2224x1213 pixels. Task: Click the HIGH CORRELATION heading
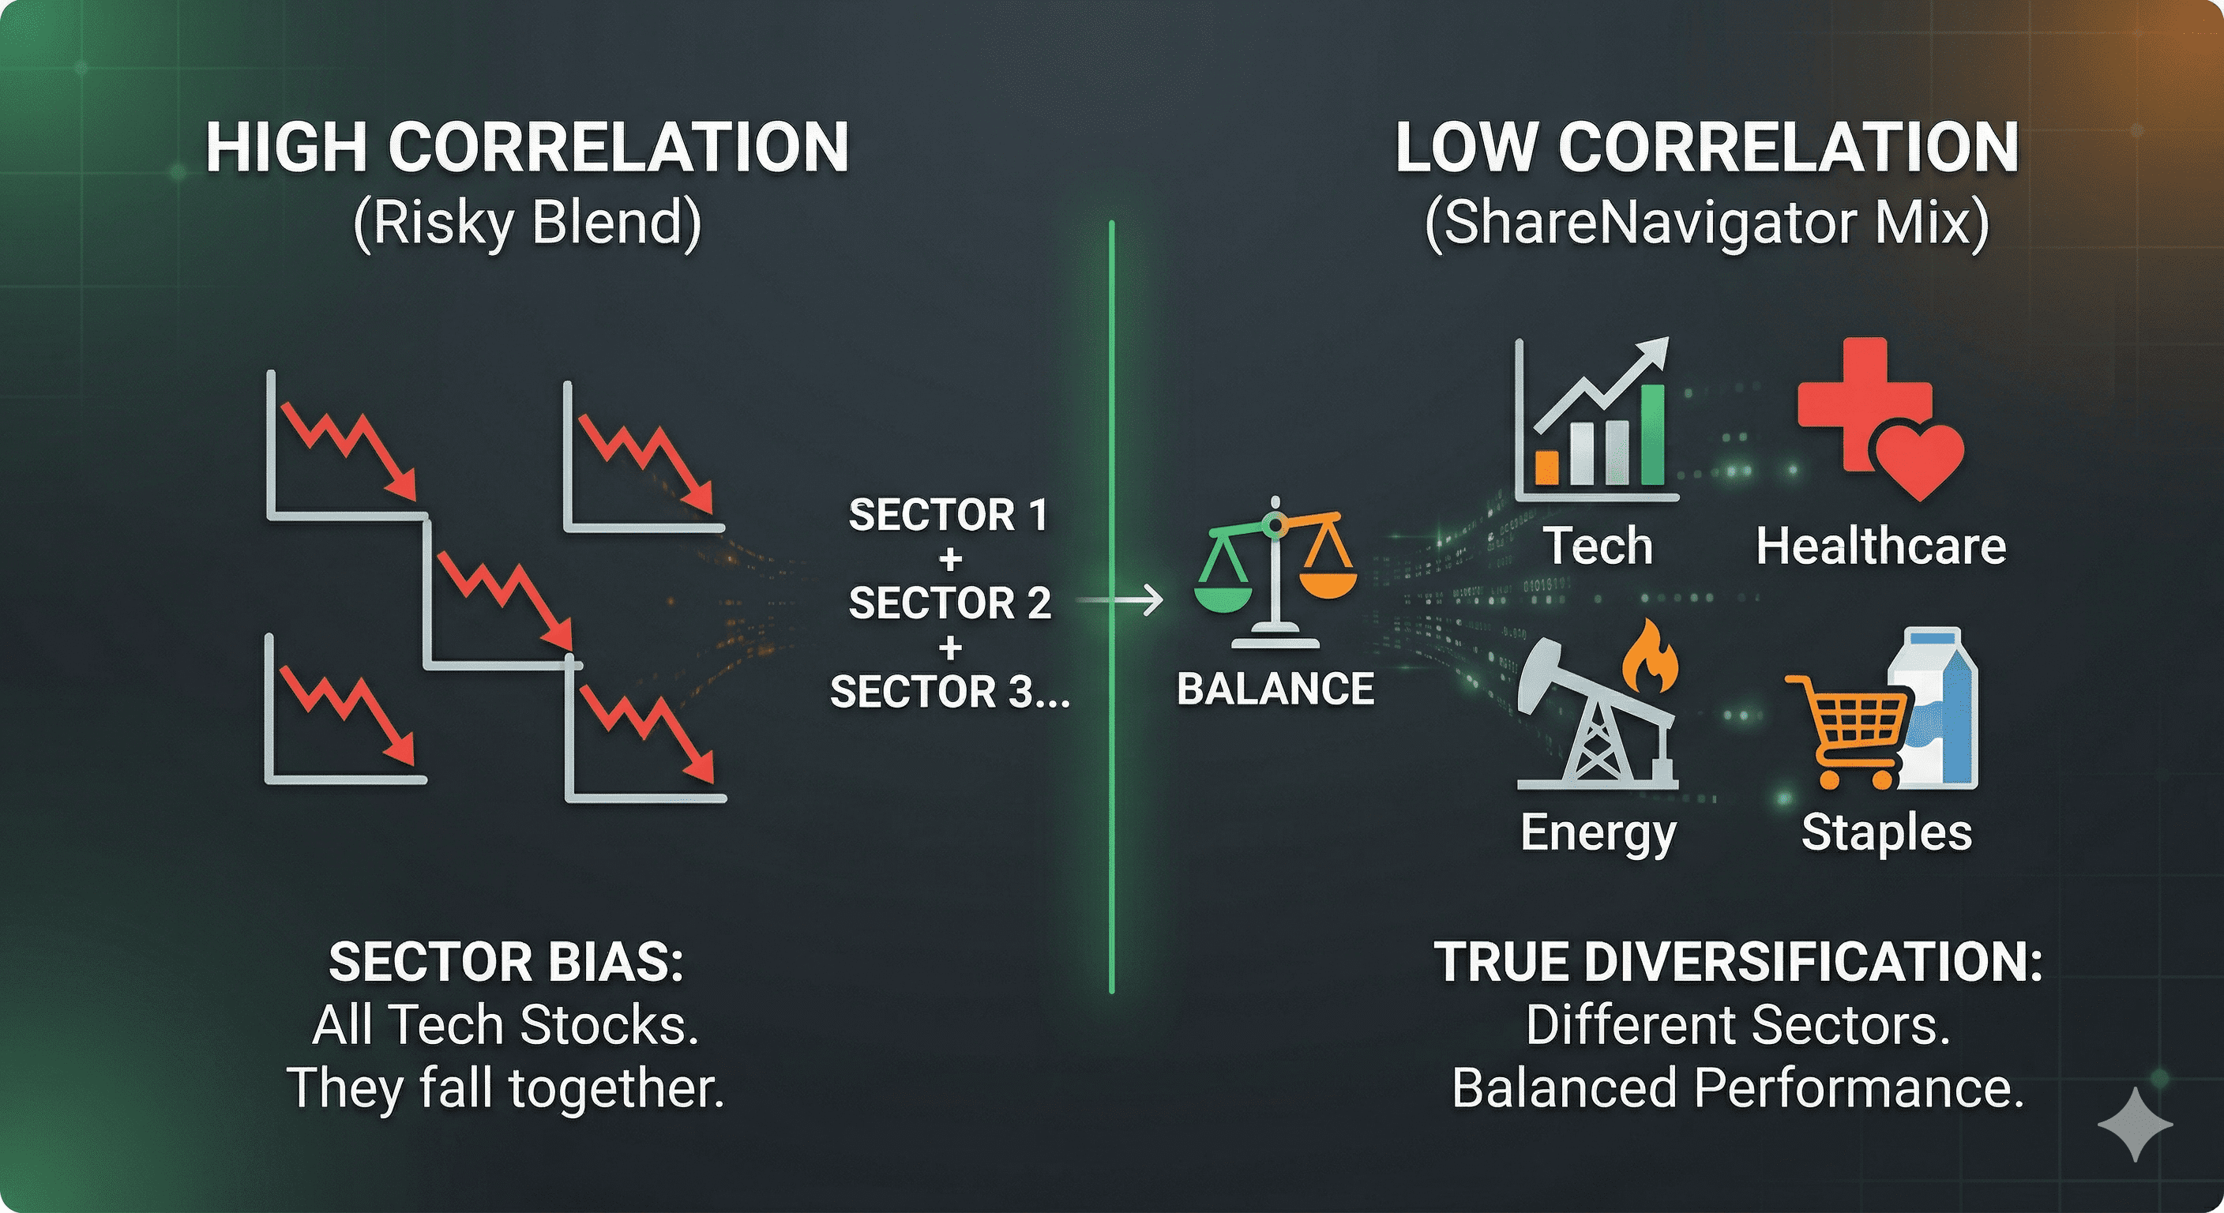(x=528, y=148)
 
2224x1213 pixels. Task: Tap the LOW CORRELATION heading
(x=1707, y=148)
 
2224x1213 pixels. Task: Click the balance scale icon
(x=1275, y=572)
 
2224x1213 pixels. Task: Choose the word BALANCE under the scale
(x=1275, y=689)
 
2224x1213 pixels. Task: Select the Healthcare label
(x=1881, y=546)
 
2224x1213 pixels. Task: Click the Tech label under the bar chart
(x=1598, y=546)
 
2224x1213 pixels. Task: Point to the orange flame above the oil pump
(x=1650, y=656)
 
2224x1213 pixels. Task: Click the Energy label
(x=1598, y=834)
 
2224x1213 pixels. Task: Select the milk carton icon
(x=1934, y=708)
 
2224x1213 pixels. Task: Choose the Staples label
(x=1887, y=834)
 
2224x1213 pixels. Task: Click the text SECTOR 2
(x=949, y=603)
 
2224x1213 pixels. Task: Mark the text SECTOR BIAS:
(x=506, y=962)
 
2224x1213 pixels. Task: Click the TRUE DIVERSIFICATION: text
(x=1738, y=962)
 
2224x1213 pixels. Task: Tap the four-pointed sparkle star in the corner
(x=2136, y=1124)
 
